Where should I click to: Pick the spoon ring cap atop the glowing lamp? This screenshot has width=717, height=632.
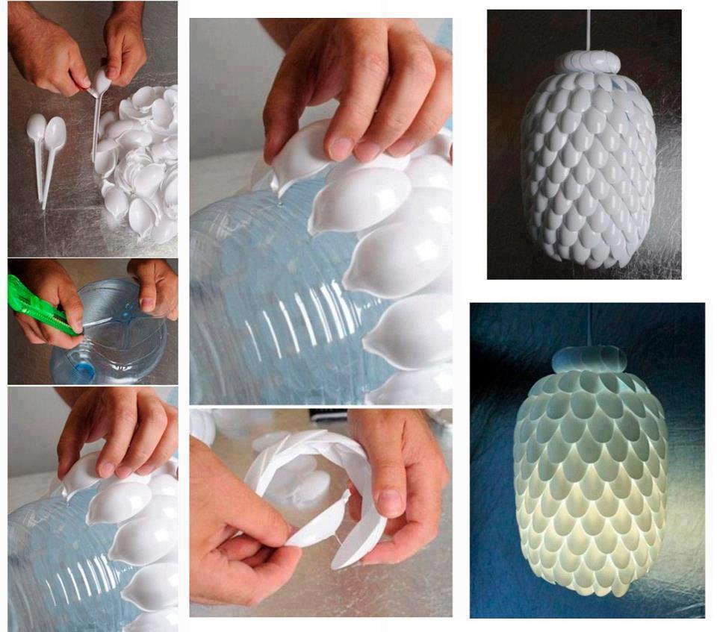(x=589, y=360)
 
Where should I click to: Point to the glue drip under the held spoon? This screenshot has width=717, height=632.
(x=279, y=195)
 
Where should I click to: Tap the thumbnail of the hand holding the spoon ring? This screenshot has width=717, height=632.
(x=389, y=501)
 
